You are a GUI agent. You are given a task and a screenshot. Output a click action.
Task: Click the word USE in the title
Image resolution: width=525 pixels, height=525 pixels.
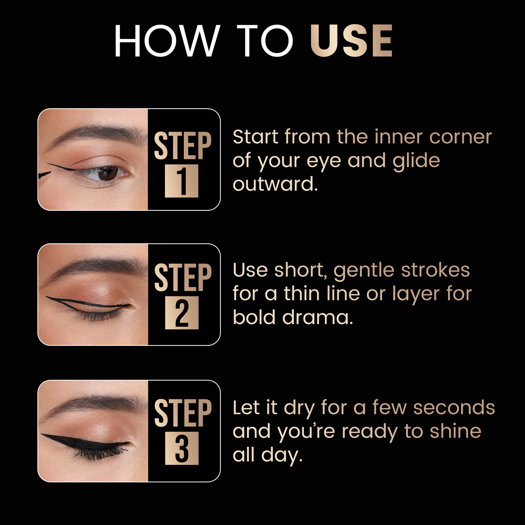pos(351,41)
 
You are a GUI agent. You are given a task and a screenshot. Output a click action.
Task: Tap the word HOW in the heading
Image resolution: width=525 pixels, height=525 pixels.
pos(167,41)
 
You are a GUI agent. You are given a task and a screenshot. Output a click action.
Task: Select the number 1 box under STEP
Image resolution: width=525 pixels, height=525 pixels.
pos(182,181)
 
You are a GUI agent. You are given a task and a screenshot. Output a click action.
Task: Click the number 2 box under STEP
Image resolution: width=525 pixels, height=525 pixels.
pos(182,313)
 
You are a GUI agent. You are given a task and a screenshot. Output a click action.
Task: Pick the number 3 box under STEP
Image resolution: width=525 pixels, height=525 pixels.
pos(182,448)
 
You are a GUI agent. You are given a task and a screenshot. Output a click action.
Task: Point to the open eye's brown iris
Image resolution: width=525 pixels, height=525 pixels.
pos(108,173)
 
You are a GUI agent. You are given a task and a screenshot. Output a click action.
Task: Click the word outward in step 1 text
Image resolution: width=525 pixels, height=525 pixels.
pos(275,184)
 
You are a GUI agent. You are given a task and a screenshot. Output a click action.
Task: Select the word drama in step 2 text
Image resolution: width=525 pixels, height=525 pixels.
pos(318,318)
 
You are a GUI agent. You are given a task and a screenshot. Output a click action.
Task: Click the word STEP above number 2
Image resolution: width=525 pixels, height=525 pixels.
pos(183,278)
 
